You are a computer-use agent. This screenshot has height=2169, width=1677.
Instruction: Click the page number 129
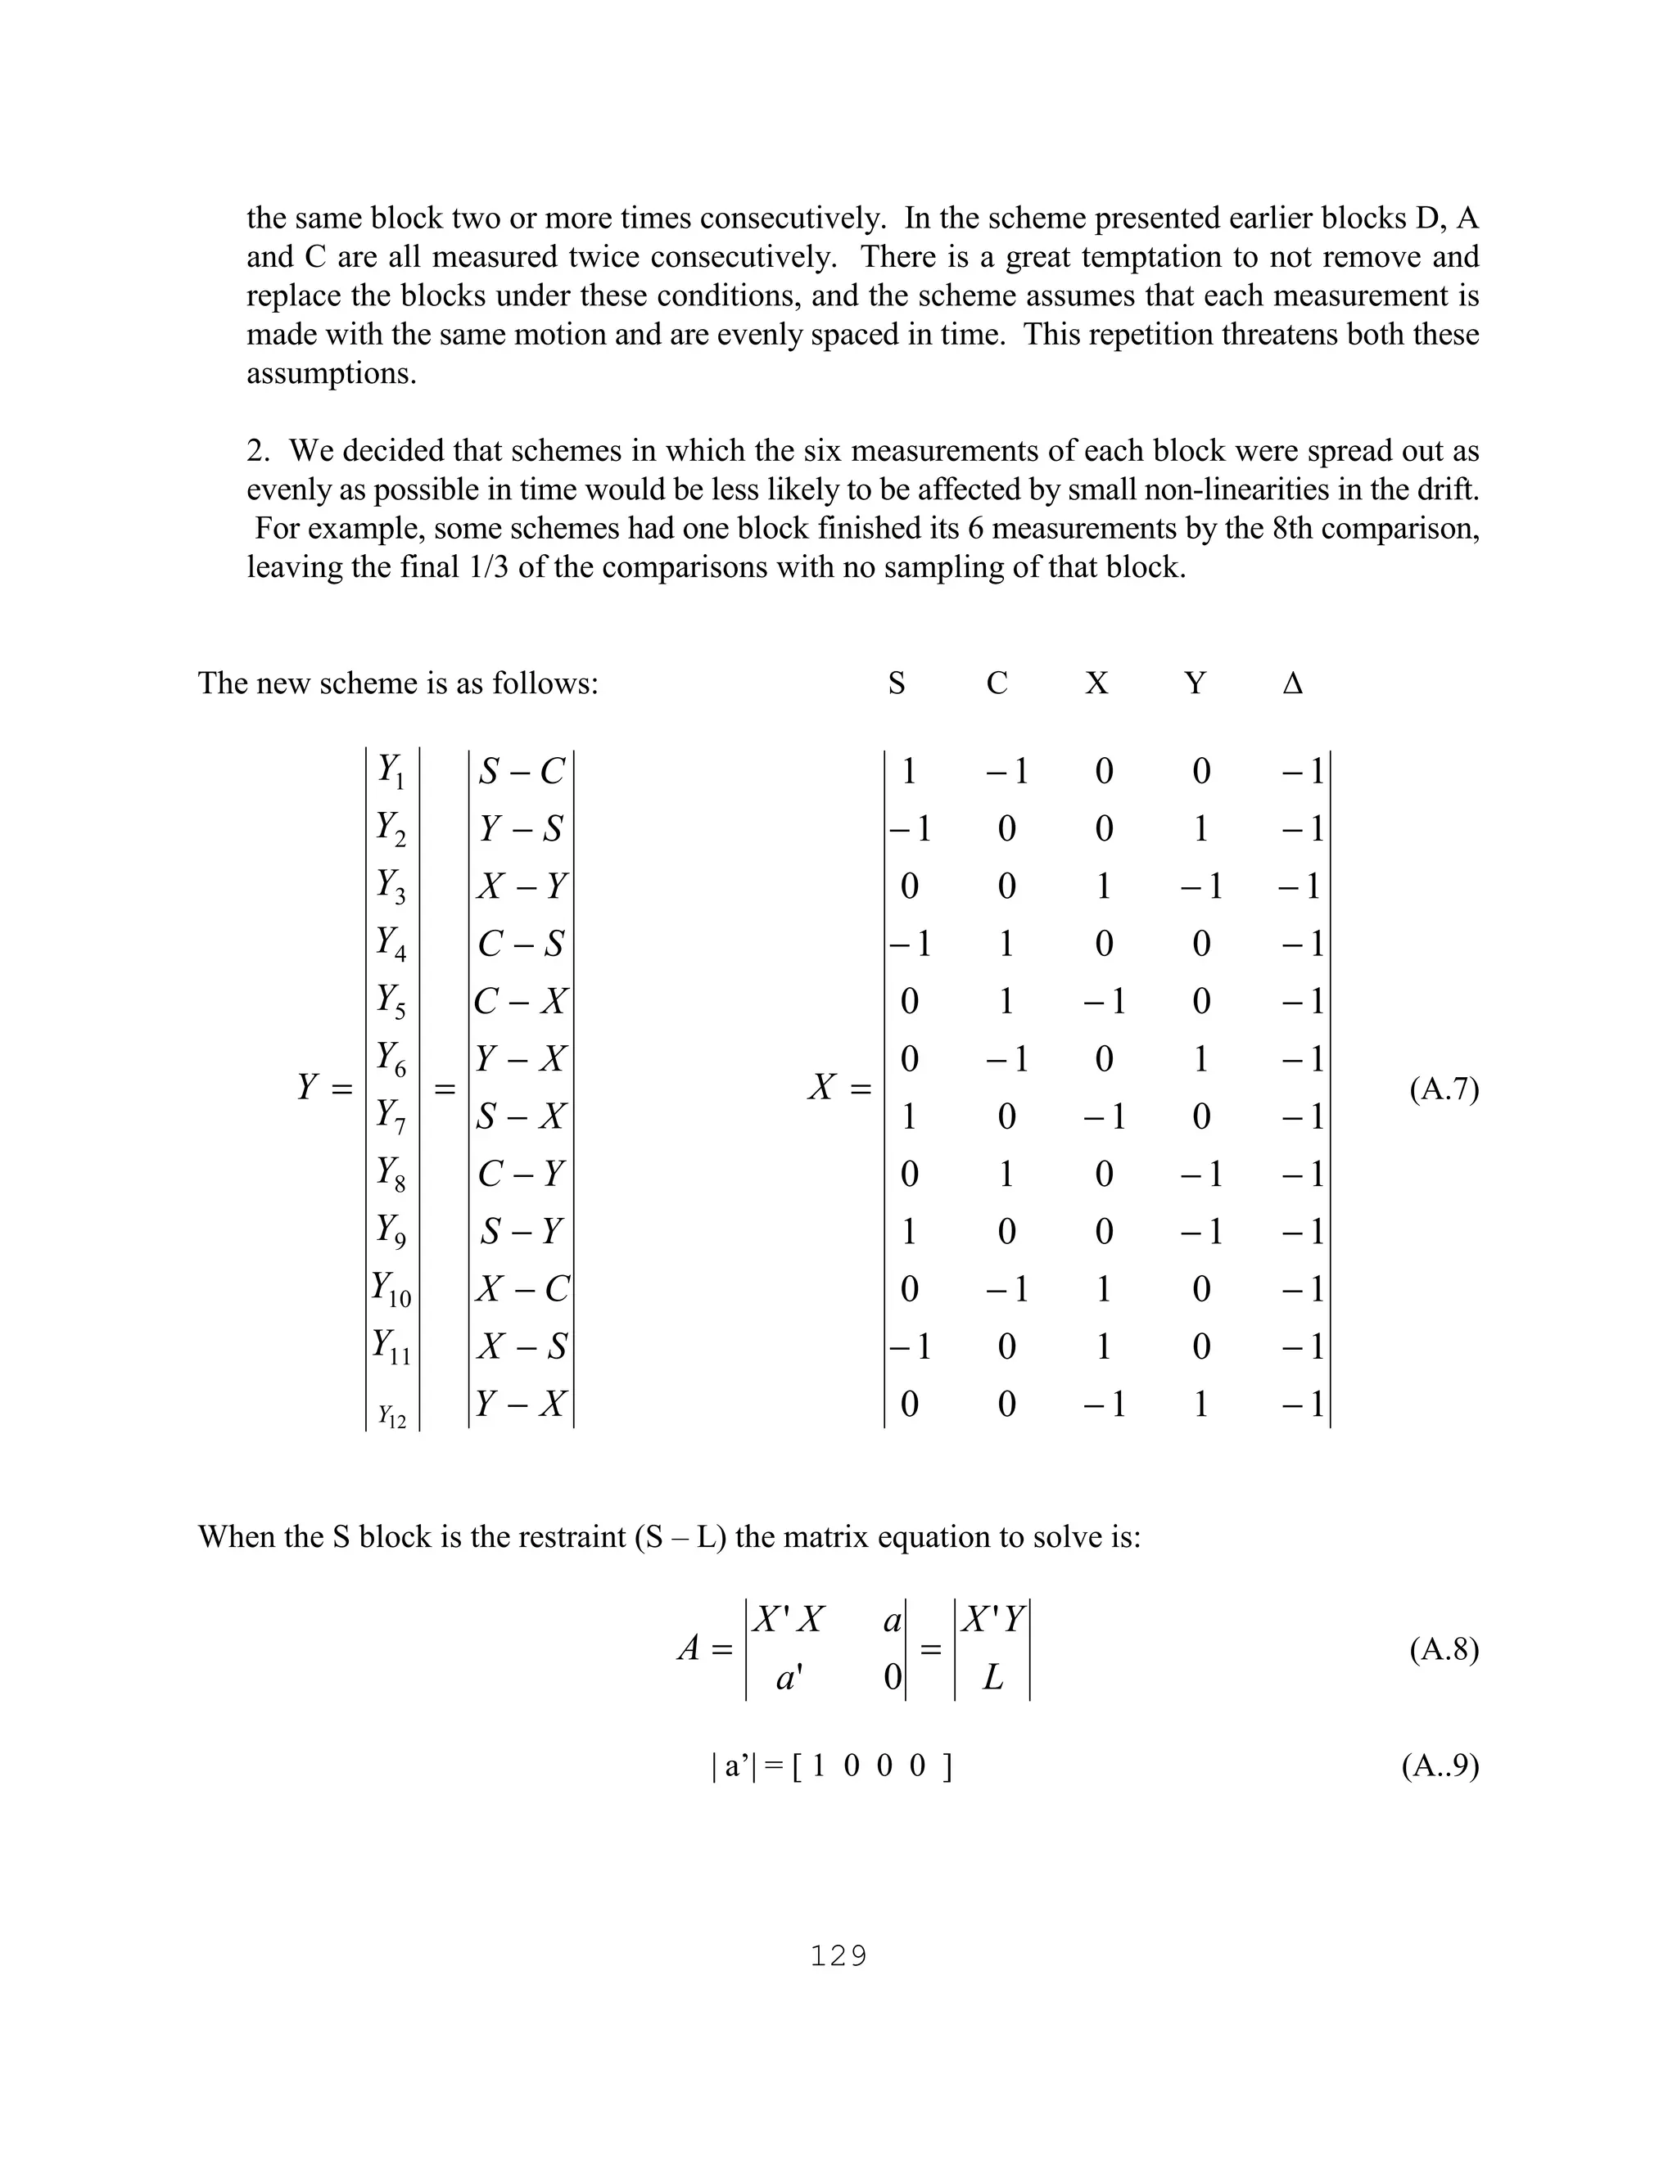pyautogui.click(x=838, y=1956)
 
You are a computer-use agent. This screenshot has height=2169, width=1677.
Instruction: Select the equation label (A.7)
pyautogui.click(x=1444, y=1089)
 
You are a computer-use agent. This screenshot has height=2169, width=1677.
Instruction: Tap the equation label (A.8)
pyautogui.click(x=1444, y=1649)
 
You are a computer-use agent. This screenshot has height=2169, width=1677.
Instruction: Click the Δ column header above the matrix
pyautogui.click(x=1292, y=683)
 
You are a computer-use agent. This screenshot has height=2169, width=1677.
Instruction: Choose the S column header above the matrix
pyautogui.click(x=896, y=683)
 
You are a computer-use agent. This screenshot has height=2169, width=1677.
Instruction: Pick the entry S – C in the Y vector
pyautogui.click(x=522, y=772)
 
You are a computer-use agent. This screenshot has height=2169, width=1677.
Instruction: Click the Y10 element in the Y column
pyautogui.click(x=391, y=1289)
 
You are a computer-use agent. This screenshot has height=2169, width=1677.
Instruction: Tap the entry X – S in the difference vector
pyautogui.click(x=522, y=1346)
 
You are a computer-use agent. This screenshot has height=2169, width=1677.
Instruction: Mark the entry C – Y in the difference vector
pyautogui.click(x=522, y=1174)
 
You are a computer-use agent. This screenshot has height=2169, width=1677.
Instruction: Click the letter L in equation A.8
pyautogui.click(x=992, y=1679)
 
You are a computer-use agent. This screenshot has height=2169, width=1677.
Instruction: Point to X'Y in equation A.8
pyautogui.click(x=992, y=1621)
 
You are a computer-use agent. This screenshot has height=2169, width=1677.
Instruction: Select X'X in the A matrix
pyautogui.click(x=788, y=1621)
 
